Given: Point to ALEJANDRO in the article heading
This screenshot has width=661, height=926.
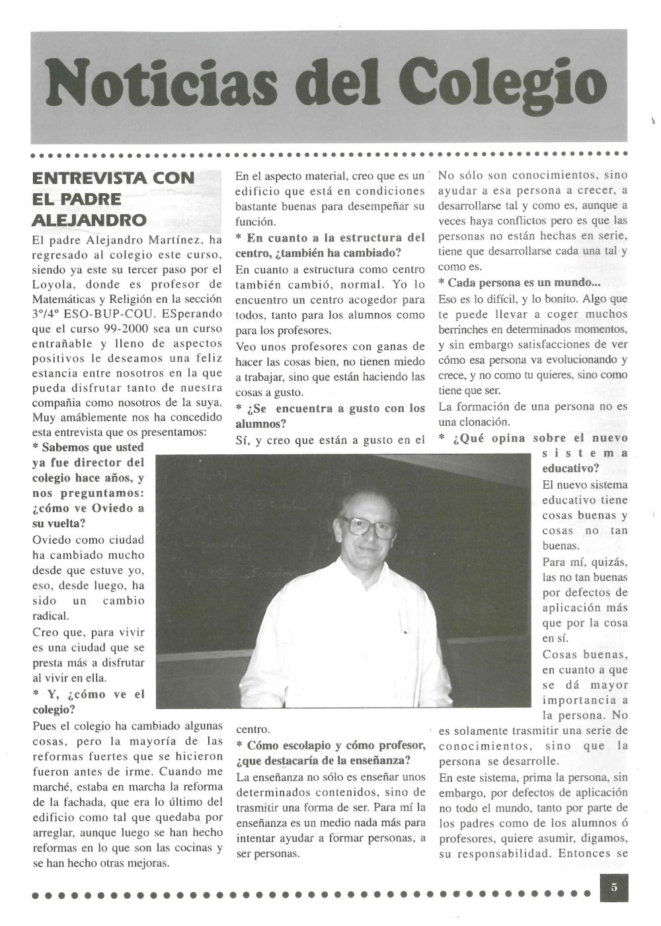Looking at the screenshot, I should click(89, 220).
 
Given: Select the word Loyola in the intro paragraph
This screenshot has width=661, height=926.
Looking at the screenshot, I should click(57, 284).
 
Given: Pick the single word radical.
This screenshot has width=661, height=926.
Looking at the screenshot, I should click(50, 616).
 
